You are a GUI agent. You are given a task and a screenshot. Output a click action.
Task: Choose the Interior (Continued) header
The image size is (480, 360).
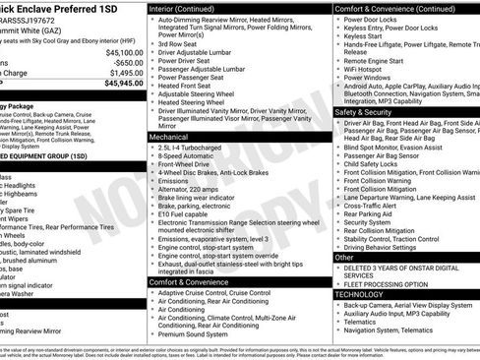pos(189,8)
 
